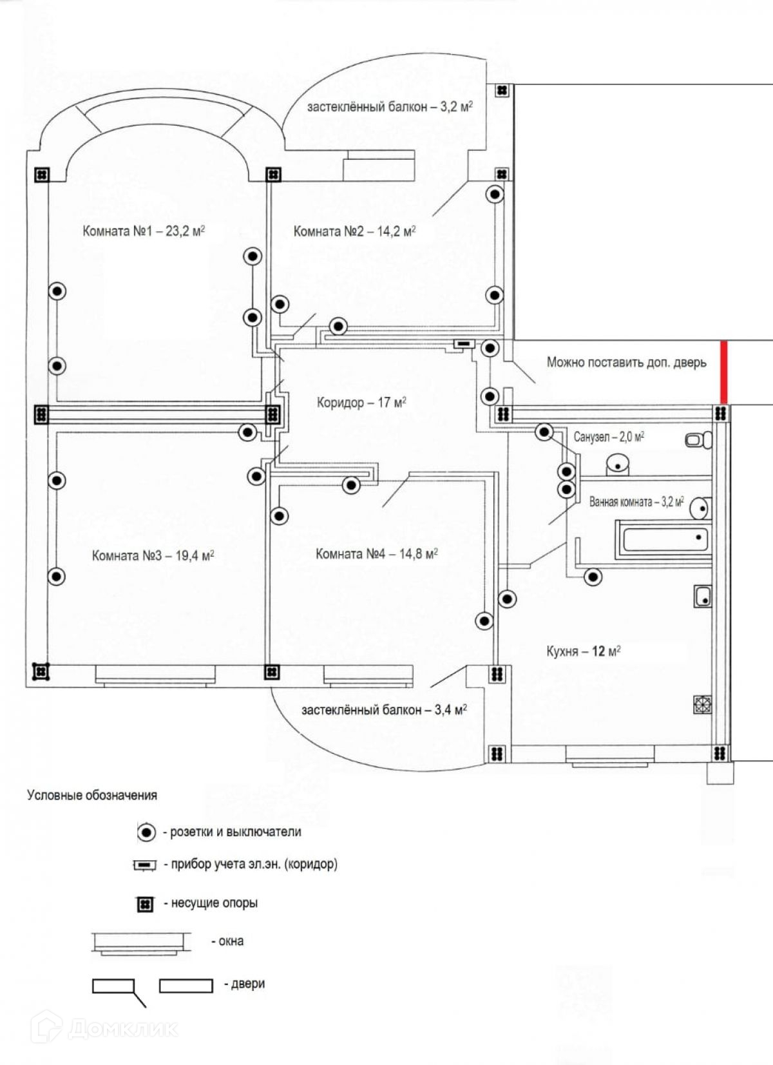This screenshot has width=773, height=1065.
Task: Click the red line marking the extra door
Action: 723,372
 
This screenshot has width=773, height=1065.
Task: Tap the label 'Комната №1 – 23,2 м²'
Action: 143,231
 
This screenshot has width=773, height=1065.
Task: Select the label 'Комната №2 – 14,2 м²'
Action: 354,231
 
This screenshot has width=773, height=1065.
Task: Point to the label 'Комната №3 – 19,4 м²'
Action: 153,555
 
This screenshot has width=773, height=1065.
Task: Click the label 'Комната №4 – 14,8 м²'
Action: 376,553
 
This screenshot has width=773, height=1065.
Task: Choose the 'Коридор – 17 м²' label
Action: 361,403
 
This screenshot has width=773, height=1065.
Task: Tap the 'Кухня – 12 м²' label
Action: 583,651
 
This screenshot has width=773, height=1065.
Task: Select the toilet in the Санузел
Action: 698,440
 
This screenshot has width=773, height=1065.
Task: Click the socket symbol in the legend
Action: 147,832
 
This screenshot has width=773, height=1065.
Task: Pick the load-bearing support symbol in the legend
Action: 146,904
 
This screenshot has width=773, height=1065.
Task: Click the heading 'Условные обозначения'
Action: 92,795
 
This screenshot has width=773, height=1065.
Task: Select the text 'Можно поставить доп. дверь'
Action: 626,362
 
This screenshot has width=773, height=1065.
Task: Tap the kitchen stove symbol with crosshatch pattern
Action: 702,704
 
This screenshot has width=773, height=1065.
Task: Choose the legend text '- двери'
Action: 244,984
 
